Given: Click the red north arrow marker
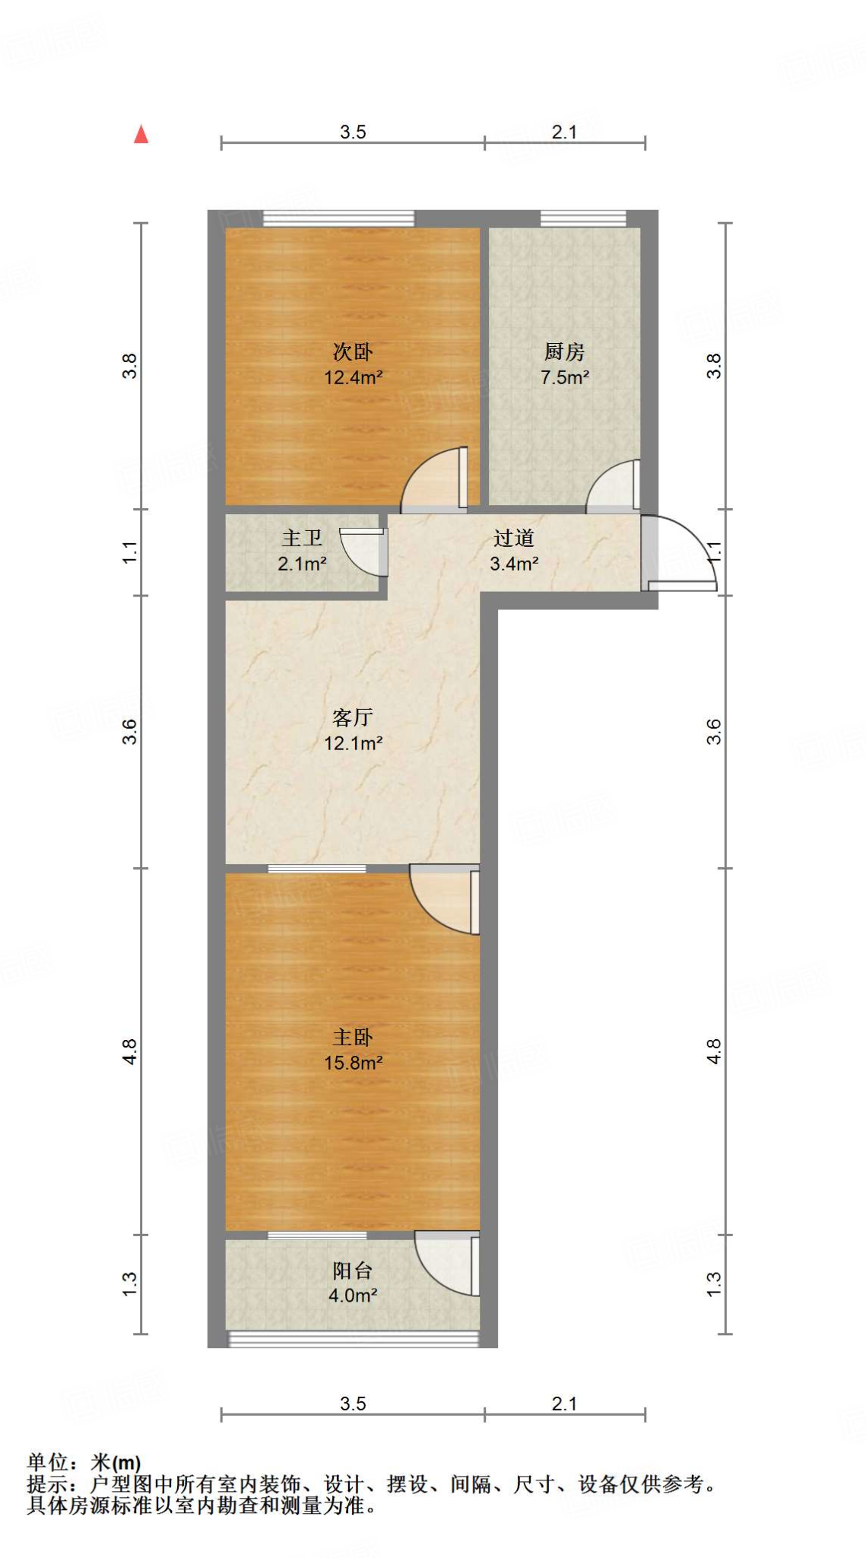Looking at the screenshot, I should pos(141,135).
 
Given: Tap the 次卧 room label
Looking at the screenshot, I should pos(353,351).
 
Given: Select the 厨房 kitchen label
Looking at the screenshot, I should pos(564,351).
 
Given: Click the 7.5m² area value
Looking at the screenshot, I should pos(564,377).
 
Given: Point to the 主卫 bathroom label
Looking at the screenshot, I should pos(302,538).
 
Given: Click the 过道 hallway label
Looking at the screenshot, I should pos(513,538).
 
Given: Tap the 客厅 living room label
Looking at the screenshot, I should pos(353,717).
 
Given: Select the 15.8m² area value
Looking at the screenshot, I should pos(353,1063).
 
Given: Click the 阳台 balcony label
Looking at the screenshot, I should pos(353,1270).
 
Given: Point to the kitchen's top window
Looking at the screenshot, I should pos(583,219).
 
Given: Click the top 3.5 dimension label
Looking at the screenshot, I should pos(353,132).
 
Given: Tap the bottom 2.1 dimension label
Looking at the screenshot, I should pos(564,1404).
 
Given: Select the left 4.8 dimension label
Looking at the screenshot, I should pos(130,1051).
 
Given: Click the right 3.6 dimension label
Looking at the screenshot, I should pos(714,731).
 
